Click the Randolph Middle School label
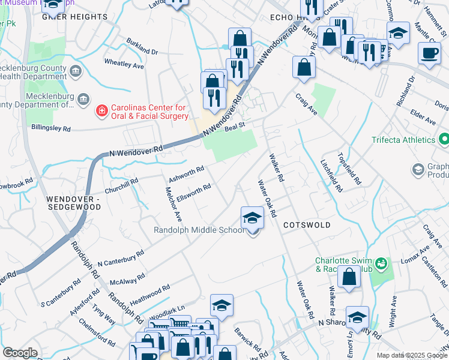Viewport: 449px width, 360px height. click(199, 230)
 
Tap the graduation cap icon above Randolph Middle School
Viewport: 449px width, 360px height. click(253, 218)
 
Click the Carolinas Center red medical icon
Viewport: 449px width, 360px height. click(102, 111)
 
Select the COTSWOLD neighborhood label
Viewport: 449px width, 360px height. click(307, 224)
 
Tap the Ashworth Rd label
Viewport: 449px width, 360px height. click(187, 173)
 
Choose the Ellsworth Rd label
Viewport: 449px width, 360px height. click(193, 192)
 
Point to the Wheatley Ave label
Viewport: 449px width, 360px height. click(124, 64)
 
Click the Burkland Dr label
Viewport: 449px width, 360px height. click(142, 47)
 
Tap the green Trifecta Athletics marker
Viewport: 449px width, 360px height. click(444, 140)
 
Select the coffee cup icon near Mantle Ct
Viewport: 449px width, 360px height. click(429, 53)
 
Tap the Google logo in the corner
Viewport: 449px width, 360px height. click(20, 353)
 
